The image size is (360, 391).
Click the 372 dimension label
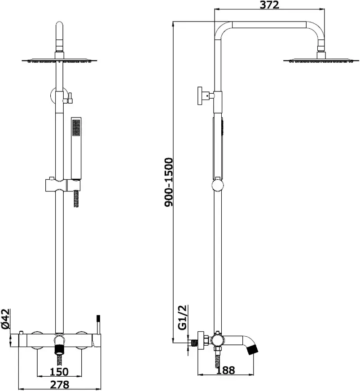(x=269, y=5)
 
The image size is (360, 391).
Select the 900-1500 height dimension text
(x=168, y=182)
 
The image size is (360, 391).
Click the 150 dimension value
(x=59, y=372)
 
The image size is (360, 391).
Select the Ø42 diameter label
(x=5, y=320)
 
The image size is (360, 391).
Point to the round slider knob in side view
(x=218, y=185)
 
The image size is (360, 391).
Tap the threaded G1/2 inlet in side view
(x=193, y=343)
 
